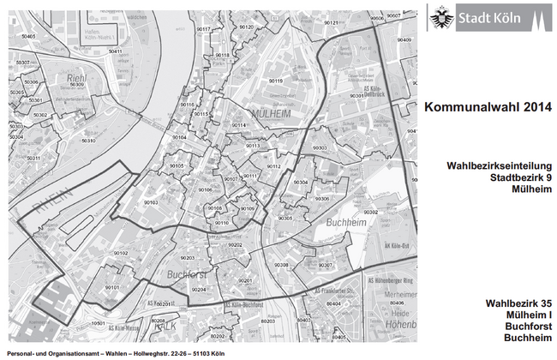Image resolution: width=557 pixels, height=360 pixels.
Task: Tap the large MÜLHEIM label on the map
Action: tap(272, 113)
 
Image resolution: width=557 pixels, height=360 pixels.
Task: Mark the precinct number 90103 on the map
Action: tap(151, 202)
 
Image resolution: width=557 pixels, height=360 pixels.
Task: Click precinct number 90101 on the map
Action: tap(111, 287)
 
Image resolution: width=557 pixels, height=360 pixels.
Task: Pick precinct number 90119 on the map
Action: tap(275, 81)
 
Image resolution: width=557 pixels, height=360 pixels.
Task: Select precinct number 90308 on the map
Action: tap(281, 266)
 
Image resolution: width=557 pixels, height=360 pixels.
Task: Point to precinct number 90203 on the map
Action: tap(187, 257)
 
